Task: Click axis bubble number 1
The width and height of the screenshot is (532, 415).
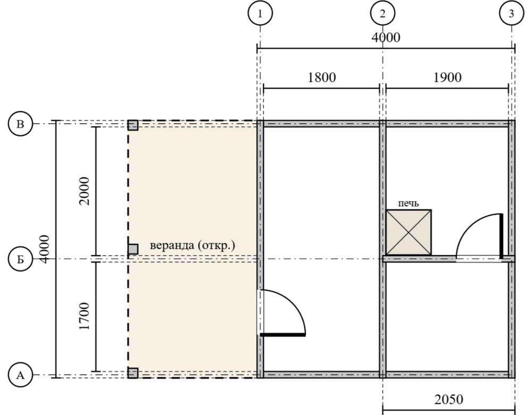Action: [x=260, y=14]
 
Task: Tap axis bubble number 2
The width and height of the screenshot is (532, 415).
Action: [x=383, y=14]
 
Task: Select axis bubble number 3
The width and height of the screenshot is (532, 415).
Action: [x=511, y=14]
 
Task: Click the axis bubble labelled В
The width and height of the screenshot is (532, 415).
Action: [x=20, y=124]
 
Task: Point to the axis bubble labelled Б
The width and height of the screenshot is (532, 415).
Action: [x=20, y=259]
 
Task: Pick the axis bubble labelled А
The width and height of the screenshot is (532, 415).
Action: [x=20, y=375]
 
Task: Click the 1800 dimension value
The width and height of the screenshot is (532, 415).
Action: [x=322, y=77]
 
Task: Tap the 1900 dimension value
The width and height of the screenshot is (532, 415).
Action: [x=447, y=77]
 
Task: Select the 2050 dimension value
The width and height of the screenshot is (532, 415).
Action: [x=448, y=400]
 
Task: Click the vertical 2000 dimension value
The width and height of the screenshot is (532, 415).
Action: [x=84, y=191]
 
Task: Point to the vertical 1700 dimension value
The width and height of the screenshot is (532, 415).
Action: [x=84, y=316]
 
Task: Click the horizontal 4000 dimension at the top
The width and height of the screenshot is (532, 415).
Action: [x=386, y=37]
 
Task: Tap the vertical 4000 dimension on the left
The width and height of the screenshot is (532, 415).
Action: [x=44, y=249]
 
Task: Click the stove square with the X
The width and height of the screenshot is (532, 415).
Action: [x=409, y=232]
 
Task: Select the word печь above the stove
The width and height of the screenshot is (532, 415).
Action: [x=408, y=204]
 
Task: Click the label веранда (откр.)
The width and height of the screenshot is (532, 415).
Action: [x=193, y=245]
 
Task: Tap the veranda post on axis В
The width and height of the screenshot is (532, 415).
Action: [x=133, y=125]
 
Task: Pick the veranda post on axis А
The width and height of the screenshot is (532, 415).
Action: [x=133, y=373]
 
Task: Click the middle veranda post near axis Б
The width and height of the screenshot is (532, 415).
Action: [x=133, y=249]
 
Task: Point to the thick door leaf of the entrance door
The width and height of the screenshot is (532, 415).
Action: [x=283, y=335]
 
